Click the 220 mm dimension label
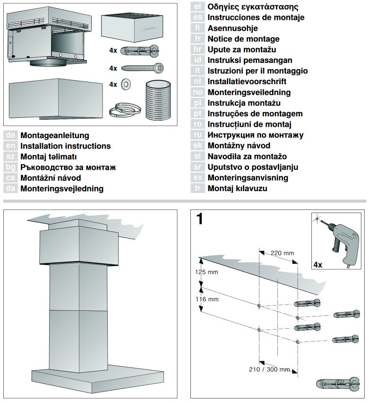click(x=282, y=253)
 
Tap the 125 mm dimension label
click(x=206, y=272)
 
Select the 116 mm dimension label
click(x=207, y=299)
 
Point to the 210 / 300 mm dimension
click(x=269, y=369)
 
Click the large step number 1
click(x=199, y=219)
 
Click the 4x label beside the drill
click(x=318, y=264)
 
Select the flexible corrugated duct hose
click(x=158, y=100)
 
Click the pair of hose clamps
click(x=125, y=110)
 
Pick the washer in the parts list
click(x=126, y=84)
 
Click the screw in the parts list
click(x=142, y=68)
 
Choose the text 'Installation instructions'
click(x=66, y=146)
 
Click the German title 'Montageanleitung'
click(x=55, y=135)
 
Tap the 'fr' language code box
click(x=197, y=39)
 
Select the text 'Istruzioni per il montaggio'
click(x=257, y=70)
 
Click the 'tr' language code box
click(x=197, y=188)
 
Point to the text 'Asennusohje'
click(x=232, y=28)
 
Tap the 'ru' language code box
click(x=197, y=135)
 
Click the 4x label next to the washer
click(x=113, y=84)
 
